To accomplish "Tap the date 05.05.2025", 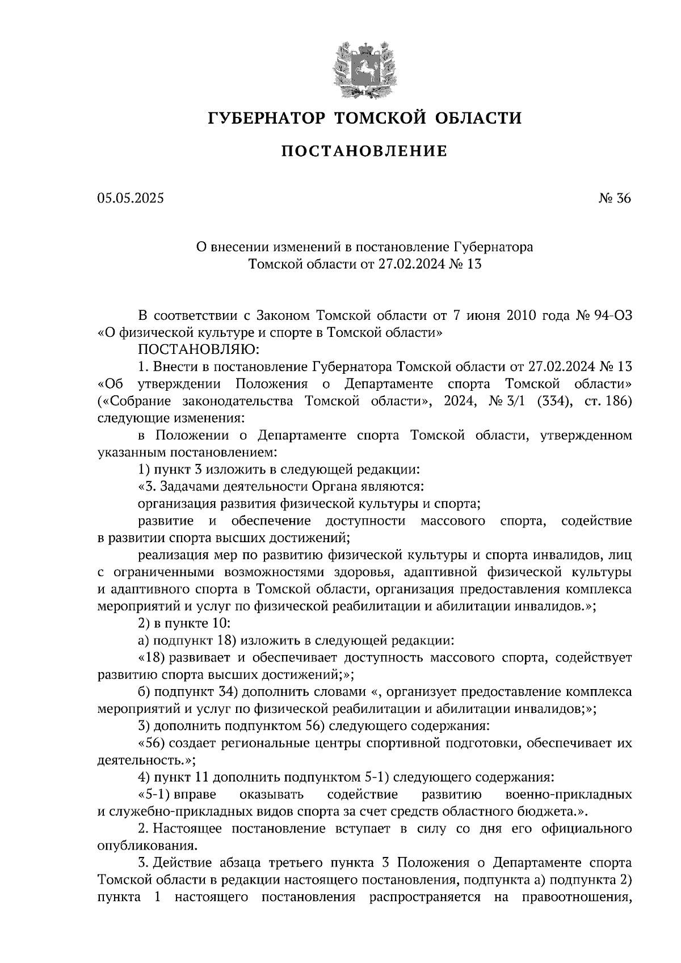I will point(130,198).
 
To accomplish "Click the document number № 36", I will point(615,198).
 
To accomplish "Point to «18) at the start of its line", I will point(151,658).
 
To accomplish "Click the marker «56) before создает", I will point(151,743).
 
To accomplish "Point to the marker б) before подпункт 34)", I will point(144,692).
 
